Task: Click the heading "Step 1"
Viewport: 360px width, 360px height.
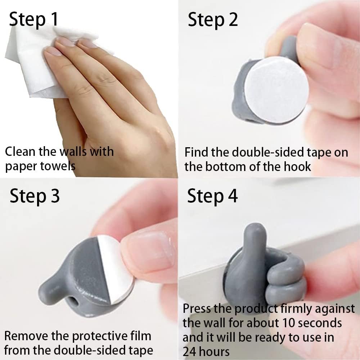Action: coord(33,19)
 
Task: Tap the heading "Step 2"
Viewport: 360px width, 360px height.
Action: coord(213,20)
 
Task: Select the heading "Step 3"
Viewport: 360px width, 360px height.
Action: coord(35,196)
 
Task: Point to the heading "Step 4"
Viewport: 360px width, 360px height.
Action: coord(212,196)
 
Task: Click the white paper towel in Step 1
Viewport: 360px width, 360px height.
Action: coord(35,64)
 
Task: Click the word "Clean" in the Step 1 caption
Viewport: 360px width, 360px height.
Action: coord(20,152)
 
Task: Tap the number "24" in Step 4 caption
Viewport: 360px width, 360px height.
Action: coord(190,351)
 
